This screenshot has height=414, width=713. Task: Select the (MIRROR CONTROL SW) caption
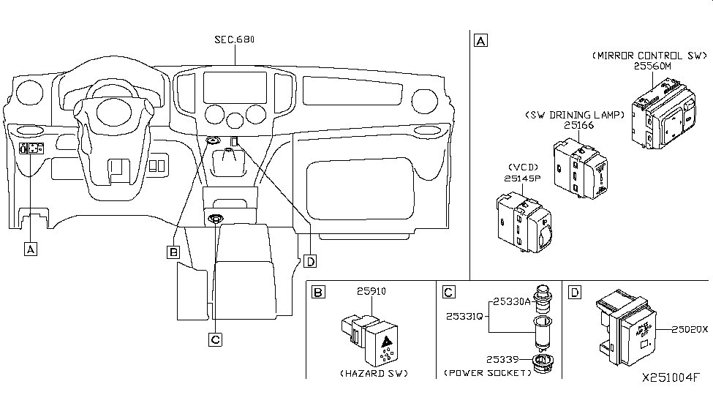tap(649, 55)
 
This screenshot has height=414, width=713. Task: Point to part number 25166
tap(578, 125)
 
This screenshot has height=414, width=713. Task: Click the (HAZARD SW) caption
tap(373, 373)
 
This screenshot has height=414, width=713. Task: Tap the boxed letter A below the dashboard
tap(30, 249)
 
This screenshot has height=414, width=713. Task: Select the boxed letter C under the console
tap(214, 339)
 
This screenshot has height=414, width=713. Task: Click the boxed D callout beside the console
tap(310, 261)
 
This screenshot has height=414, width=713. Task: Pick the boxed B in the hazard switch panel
tap(318, 293)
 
